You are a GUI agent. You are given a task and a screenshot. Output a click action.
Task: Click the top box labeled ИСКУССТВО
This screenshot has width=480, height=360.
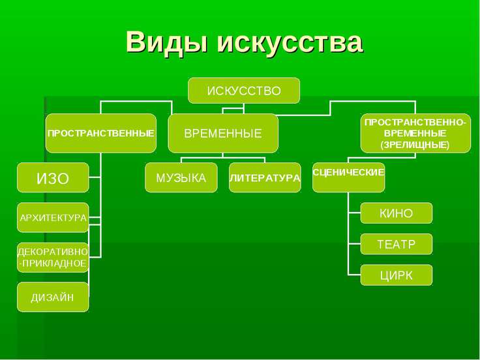pyautogui.click(x=244, y=91)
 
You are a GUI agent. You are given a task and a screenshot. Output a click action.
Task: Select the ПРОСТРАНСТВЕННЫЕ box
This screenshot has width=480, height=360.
pyautogui.click(x=101, y=133)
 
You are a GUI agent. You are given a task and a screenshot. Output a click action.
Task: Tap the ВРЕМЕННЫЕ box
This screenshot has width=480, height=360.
pyautogui.click(x=223, y=133)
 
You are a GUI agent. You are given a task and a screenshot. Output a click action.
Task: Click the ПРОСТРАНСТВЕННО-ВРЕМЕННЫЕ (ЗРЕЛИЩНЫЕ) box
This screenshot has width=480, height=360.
pyautogui.click(x=415, y=133)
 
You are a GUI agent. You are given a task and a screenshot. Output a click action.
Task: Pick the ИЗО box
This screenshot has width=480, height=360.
pyautogui.click(x=53, y=177)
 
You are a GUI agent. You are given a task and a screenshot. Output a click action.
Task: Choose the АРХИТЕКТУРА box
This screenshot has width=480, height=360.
pyautogui.click(x=53, y=217)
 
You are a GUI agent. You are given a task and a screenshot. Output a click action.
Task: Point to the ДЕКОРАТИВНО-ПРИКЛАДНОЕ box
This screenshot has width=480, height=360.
pyautogui.click(x=53, y=258)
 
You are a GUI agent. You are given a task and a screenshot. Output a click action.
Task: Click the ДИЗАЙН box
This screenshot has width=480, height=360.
pyautogui.click(x=53, y=297)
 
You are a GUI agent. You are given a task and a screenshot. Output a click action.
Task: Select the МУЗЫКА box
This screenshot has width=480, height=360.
pyautogui.click(x=181, y=177)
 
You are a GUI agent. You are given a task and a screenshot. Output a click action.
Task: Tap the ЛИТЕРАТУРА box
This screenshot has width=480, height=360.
pyautogui.click(x=265, y=177)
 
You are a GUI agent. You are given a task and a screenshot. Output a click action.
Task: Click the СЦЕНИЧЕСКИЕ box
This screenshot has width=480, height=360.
pyautogui.click(x=349, y=177)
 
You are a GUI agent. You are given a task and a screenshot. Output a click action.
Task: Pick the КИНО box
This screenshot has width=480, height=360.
pyautogui.click(x=397, y=213)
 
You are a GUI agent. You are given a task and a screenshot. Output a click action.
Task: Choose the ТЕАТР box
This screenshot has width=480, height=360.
pyautogui.click(x=397, y=244)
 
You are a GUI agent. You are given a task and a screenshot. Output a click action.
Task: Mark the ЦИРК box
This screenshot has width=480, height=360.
pyautogui.click(x=397, y=275)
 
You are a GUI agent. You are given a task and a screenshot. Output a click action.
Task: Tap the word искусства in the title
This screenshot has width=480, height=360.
pyautogui.click(x=290, y=42)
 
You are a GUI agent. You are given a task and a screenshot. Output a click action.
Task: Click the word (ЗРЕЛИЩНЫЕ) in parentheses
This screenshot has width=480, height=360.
pyautogui.click(x=415, y=145)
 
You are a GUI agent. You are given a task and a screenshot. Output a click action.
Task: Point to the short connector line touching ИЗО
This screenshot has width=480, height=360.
pyautogui.click(x=95, y=177)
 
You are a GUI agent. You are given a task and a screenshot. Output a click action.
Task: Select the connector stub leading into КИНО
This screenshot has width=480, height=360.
pyautogui.click(x=355, y=213)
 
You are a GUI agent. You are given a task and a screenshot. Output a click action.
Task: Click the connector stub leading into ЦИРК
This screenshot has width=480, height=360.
pyautogui.click(x=355, y=275)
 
